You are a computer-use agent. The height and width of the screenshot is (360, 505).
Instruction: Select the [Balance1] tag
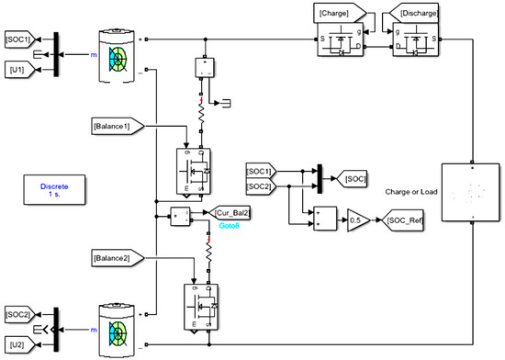point(116,123)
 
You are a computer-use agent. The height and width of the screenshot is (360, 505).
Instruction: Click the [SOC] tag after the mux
point(353,176)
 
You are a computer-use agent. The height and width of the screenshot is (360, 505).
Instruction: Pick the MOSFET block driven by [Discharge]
point(413,40)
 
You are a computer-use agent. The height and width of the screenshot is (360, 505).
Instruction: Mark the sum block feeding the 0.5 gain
point(323,220)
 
